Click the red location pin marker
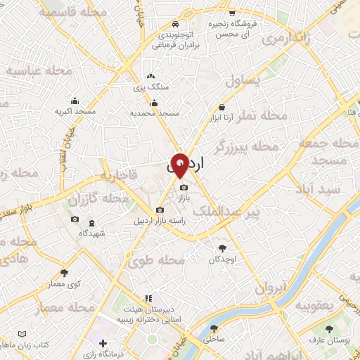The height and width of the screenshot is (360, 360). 180,164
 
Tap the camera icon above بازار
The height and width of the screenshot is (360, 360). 184,188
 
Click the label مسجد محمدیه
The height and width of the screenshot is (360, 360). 155,113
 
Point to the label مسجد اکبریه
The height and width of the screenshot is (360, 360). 75,111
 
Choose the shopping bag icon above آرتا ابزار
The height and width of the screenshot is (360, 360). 222,107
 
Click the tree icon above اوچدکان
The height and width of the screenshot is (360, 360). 224,248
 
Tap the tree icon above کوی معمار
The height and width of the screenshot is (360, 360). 65,272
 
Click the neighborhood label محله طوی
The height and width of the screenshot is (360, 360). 156,261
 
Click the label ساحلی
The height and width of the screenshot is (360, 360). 213,339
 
